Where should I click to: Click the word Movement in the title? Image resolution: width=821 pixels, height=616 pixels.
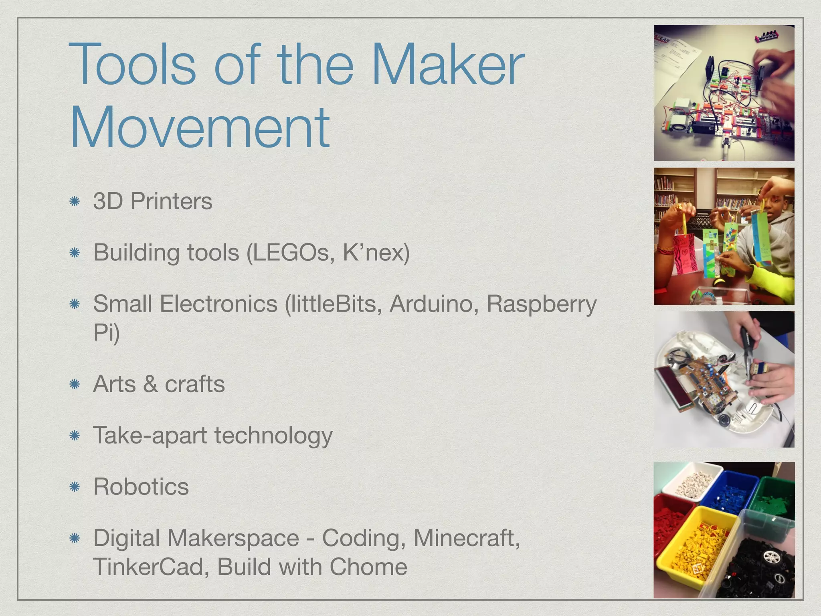[200, 128]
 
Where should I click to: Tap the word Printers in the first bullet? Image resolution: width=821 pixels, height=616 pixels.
[171, 201]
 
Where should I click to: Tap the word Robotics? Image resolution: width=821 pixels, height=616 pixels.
[141, 487]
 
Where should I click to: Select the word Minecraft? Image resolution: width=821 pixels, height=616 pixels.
[467, 538]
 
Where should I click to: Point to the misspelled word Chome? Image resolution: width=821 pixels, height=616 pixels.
[368, 567]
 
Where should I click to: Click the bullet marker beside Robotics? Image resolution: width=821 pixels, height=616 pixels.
[74, 487]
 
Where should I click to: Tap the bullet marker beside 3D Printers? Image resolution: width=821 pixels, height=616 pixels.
[74, 201]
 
